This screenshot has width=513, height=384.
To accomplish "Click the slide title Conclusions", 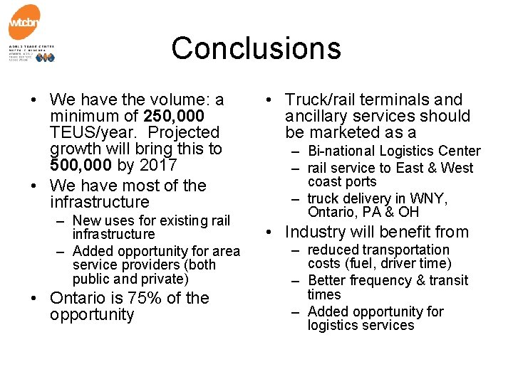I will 256,48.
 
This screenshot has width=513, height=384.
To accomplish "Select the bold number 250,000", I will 174,116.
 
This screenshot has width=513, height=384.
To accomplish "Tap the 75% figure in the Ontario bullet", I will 140,298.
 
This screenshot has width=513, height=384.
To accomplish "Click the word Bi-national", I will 341,151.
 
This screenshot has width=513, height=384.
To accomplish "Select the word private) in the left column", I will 166,279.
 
